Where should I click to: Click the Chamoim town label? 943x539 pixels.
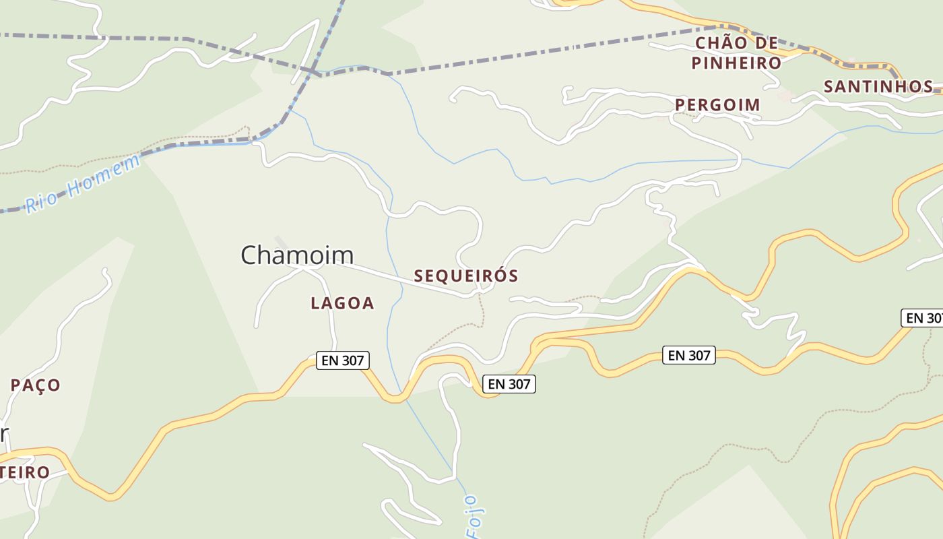tap(297, 255)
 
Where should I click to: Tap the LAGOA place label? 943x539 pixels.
tap(342, 304)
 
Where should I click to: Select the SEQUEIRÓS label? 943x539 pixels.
tap(466, 276)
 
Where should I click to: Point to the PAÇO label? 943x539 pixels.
tap(36, 385)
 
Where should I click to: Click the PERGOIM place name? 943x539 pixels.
tap(717, 105)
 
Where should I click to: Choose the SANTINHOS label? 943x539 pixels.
tap(878, 87)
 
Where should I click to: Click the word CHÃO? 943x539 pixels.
tap(719, 44)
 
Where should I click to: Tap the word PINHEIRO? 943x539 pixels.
tap(736, 64)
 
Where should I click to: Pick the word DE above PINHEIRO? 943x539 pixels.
tap(766, 44)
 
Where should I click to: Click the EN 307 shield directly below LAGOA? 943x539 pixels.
tap(343, 360)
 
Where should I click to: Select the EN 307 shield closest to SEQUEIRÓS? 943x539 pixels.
tap(509, 384)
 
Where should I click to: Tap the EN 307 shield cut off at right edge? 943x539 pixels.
tap(922, 318)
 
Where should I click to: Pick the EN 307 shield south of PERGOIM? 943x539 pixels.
tap(689, 355)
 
